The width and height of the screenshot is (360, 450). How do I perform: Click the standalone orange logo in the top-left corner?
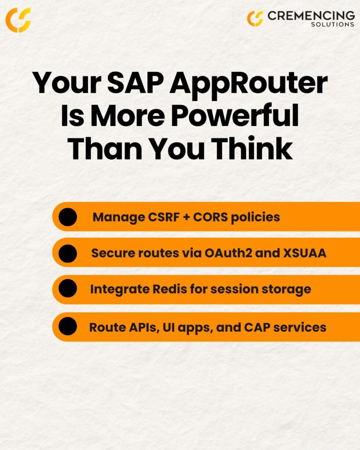click(18, 20)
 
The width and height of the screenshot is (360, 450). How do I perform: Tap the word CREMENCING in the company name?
click(311, 15)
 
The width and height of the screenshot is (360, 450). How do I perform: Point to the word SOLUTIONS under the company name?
click(333, 25)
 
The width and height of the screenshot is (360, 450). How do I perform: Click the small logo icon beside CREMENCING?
click(255, 18)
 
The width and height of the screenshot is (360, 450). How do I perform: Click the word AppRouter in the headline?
click(249, 85)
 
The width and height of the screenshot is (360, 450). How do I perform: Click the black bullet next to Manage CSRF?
click(68, 217)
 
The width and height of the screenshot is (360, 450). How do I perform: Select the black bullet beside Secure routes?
click(68, 254)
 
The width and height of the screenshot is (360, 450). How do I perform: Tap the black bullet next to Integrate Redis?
click(68, 288)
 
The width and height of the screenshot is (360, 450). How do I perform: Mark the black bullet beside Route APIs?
click(68, 326)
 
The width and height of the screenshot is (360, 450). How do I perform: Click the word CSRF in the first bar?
click(164, 217)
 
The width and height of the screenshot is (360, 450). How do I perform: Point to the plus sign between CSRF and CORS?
click(186, 217)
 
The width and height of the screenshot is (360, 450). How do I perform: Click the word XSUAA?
click(305, 253)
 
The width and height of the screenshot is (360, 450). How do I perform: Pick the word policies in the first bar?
click(255, 218)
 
